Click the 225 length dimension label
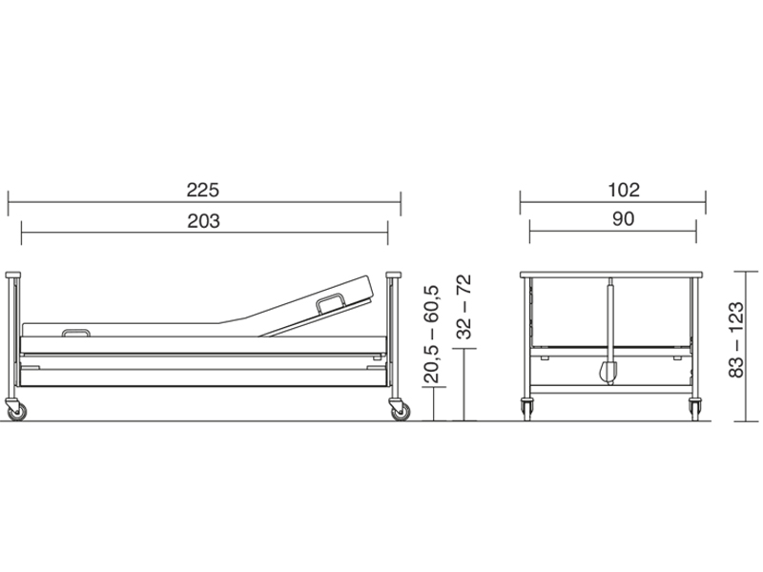203,190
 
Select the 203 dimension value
203,221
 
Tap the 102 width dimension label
624,190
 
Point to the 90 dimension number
624,219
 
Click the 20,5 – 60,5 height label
432,335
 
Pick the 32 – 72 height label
464,306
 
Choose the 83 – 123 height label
736,339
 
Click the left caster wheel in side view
15,410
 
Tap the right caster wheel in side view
399,410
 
